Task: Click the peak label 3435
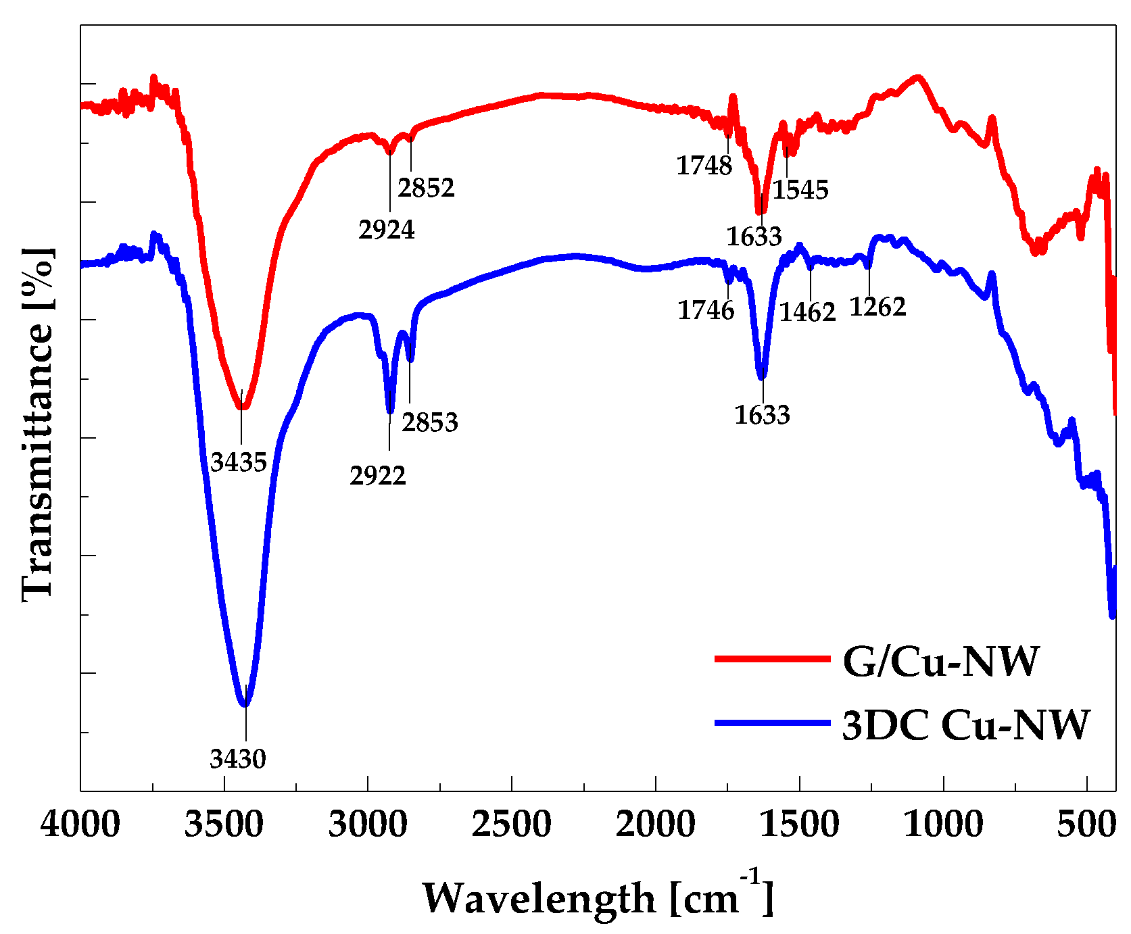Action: (238, 462)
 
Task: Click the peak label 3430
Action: (238, 759)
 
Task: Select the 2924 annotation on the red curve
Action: (387, 230)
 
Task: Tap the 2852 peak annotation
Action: (426, 188)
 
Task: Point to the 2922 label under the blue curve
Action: (378, 476)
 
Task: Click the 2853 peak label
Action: (430, 422)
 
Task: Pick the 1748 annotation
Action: (704, 166)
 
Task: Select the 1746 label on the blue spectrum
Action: (706, 310)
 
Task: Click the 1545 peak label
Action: (800, 190)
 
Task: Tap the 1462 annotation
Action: (808, 312)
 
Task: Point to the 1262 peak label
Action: (877, 307)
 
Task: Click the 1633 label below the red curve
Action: (754, 237)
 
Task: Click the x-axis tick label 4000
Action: (80, 825)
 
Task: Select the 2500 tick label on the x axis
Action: (512, 825)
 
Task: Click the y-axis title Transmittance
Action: (37, 422)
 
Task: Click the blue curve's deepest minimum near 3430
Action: (245, 704)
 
